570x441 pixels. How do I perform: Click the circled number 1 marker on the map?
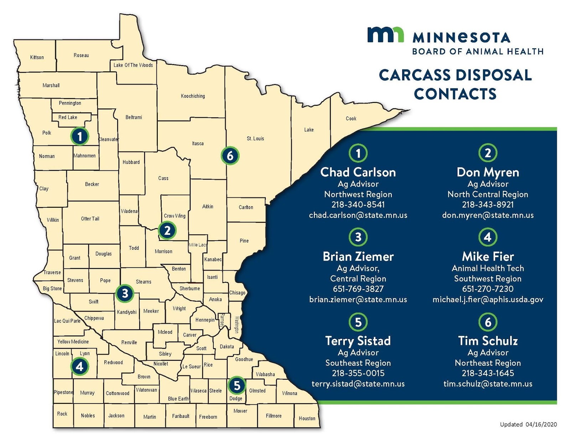pos(80,136)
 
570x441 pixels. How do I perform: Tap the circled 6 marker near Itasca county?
pos(230,155)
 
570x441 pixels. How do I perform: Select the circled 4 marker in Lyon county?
pos(79,366)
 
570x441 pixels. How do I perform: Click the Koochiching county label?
pos(193,96)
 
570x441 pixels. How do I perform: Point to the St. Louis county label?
pos(255,138)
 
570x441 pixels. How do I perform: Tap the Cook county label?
pos(351,118)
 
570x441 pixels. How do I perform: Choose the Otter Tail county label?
pos(90,219)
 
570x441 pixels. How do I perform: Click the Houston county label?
pos(307,418)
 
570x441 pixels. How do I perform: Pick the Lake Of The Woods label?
pos(133,65)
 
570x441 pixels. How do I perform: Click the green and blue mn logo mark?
pos(385,35)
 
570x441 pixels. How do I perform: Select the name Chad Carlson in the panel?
pos(358,172)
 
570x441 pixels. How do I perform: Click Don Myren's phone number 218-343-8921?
pos(488,205)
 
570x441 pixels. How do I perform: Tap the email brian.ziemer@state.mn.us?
pos(358,299)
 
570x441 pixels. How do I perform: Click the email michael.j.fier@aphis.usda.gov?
pos(488,299)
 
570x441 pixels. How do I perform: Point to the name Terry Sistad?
pos(358,341)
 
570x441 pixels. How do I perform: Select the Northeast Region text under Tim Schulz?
pos(488,363)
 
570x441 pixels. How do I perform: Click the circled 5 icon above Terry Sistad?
pos(358,322)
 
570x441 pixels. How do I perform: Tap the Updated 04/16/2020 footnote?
pos(528,424)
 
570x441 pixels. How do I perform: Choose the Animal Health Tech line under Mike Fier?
pos(488,268)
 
